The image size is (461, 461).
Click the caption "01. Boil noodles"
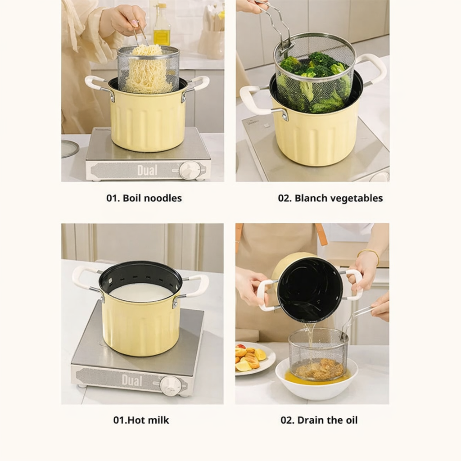coord(144,198)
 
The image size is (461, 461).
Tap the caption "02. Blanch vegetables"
coord(330,198)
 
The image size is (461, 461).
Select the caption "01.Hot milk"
coord(141,420)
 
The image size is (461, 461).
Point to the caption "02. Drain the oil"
coord(319,420)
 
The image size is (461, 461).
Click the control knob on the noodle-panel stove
coord(190,170)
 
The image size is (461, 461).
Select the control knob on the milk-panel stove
coord(171,386)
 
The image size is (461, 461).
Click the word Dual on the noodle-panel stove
coord(147,170)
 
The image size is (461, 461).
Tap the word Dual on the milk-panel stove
coord(132,380)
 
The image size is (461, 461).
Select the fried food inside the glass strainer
coord(319,369)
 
